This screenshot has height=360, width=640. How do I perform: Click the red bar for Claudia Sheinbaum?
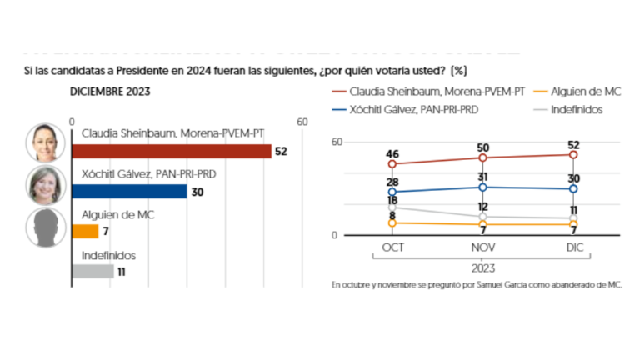tap(171, 151)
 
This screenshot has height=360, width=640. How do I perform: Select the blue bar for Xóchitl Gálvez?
tap(129, 191)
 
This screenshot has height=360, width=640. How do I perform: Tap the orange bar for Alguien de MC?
tap(85, 231)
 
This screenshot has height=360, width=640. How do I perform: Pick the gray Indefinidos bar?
tap(92, 270)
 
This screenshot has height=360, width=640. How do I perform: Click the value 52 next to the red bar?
tap(282, 151)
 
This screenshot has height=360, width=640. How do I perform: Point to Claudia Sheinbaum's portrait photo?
tap(44, 142)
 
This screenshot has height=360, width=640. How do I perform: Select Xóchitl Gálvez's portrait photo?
tap(44, 184)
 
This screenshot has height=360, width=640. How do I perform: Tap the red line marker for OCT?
tap(392, 164)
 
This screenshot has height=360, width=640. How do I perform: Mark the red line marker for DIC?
tap(573, 154)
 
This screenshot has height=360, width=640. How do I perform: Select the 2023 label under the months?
tap(482, 268)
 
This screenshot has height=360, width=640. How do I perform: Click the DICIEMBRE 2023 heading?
tap(108, 91)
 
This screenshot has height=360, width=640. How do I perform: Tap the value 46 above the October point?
tap(392, 153)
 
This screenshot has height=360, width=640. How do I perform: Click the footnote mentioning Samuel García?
tap(477, 285)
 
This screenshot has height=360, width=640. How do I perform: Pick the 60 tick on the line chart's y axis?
tap(337, 142)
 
